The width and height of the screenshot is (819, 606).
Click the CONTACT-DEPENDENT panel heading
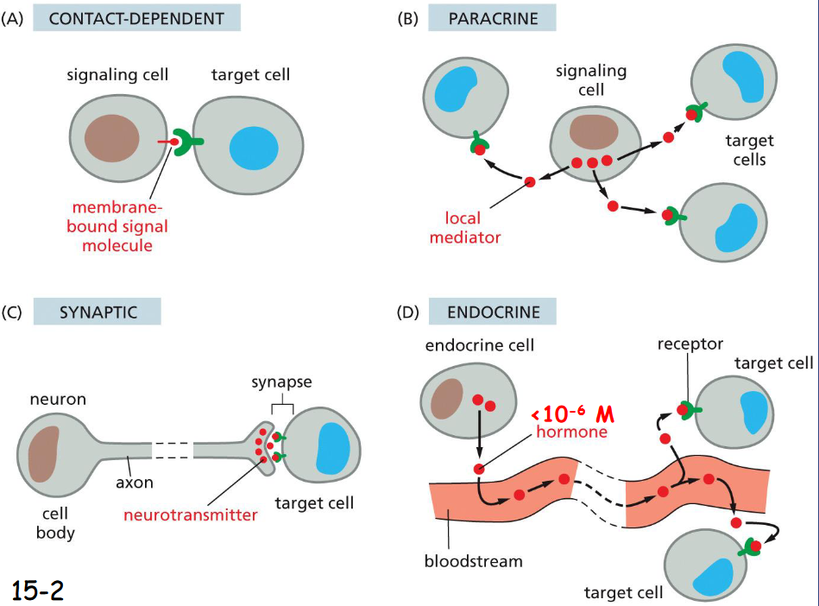[x=136, y=18]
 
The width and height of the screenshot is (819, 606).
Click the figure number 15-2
[x=38, y=589]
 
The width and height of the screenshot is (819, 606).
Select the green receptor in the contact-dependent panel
[x=185, y=143]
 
